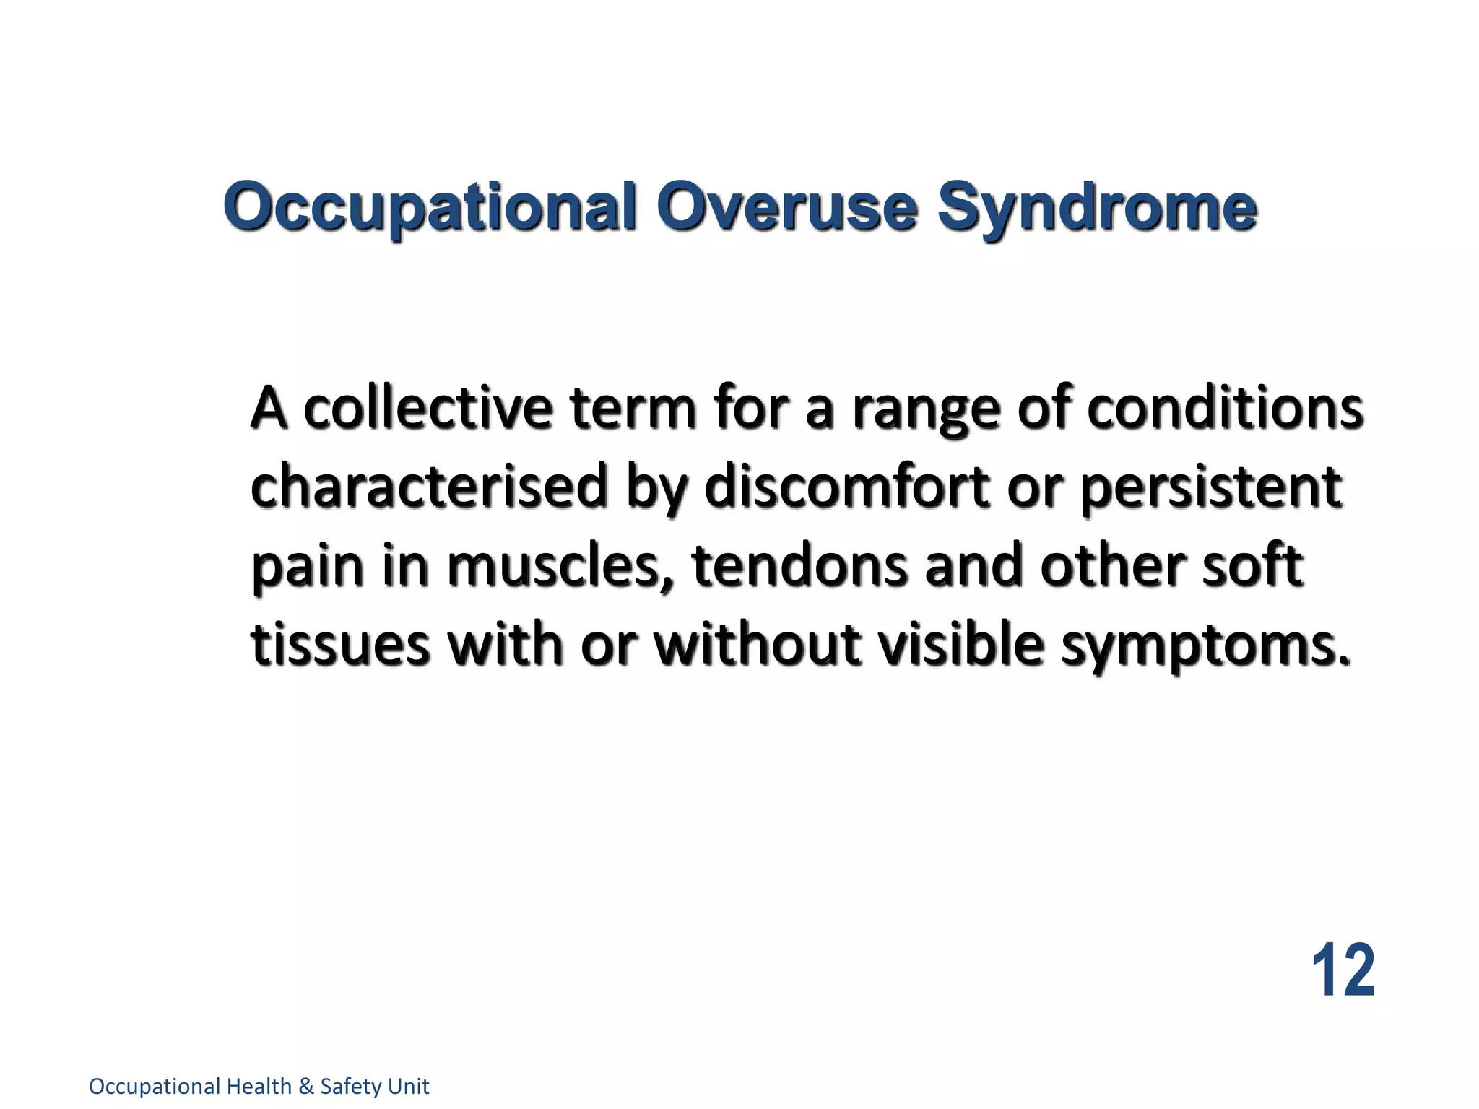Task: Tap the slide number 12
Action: click(x=1343, y=970)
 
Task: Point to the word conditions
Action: click(x=1226, y=408)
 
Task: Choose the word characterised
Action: click(x=429, y=487)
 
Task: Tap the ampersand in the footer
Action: click(x=306, y=1087)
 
